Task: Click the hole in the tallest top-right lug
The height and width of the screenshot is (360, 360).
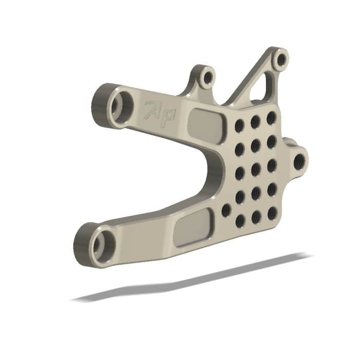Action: coord(281,60)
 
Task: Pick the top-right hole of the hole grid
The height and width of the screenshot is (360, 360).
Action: coord(271,118)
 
